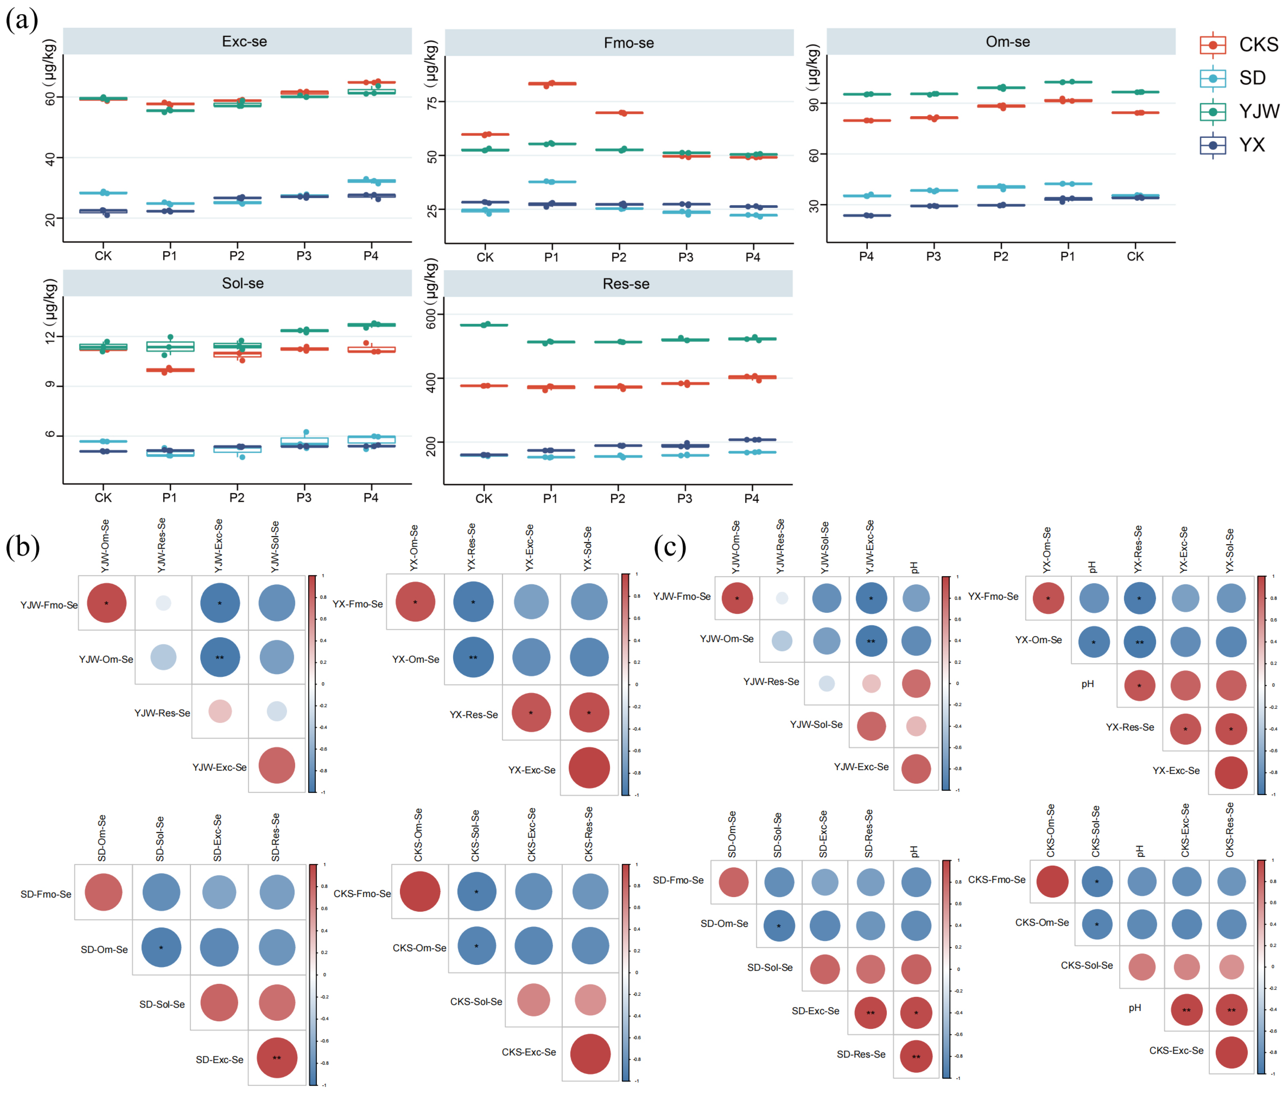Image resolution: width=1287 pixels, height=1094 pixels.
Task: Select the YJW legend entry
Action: pos(1258,112)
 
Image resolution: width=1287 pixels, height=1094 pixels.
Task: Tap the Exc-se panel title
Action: pos(244,42)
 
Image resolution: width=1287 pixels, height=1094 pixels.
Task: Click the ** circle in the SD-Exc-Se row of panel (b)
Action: pos(277,1058)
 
